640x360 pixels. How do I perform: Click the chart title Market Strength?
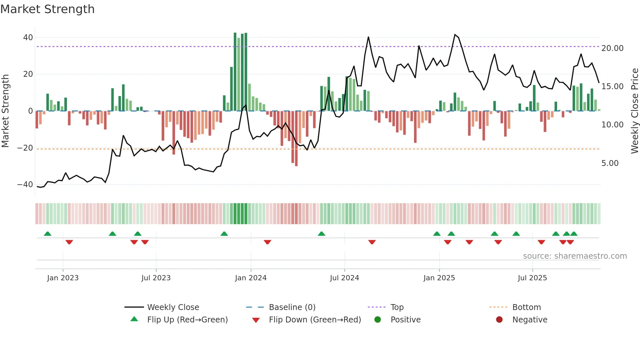[x=47, y=9]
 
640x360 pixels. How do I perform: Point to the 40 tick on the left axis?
[x=28, y=38]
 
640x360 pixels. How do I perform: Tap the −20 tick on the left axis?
[x=25, y=148]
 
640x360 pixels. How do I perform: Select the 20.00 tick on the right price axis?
[x=612, y=48]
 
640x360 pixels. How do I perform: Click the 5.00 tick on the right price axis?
[x=610, y=163]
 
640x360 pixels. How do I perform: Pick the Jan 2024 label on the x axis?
[x=250, y=278]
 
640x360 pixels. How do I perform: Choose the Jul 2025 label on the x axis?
[x=532, y=278]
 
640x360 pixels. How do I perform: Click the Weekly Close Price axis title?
[x=634, y=111]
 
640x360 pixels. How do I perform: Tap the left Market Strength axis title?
[x=5, y=111]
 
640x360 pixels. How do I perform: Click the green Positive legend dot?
[x=378, y=320]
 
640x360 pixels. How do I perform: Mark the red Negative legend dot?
[x=499, y=320]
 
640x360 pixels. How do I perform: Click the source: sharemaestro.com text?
[x=575, y=256]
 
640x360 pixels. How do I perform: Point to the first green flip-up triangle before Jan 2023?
[x=48, y=234]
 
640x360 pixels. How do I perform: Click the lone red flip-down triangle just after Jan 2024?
[x=267, y=242]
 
